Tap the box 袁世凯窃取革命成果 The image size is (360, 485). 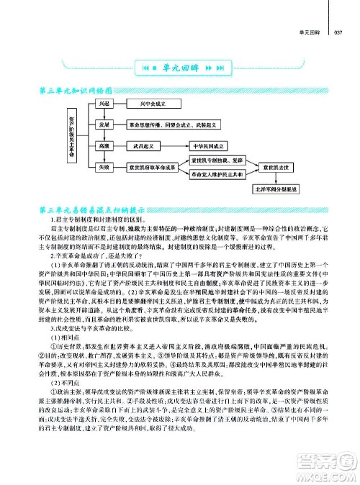point(151,167)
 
